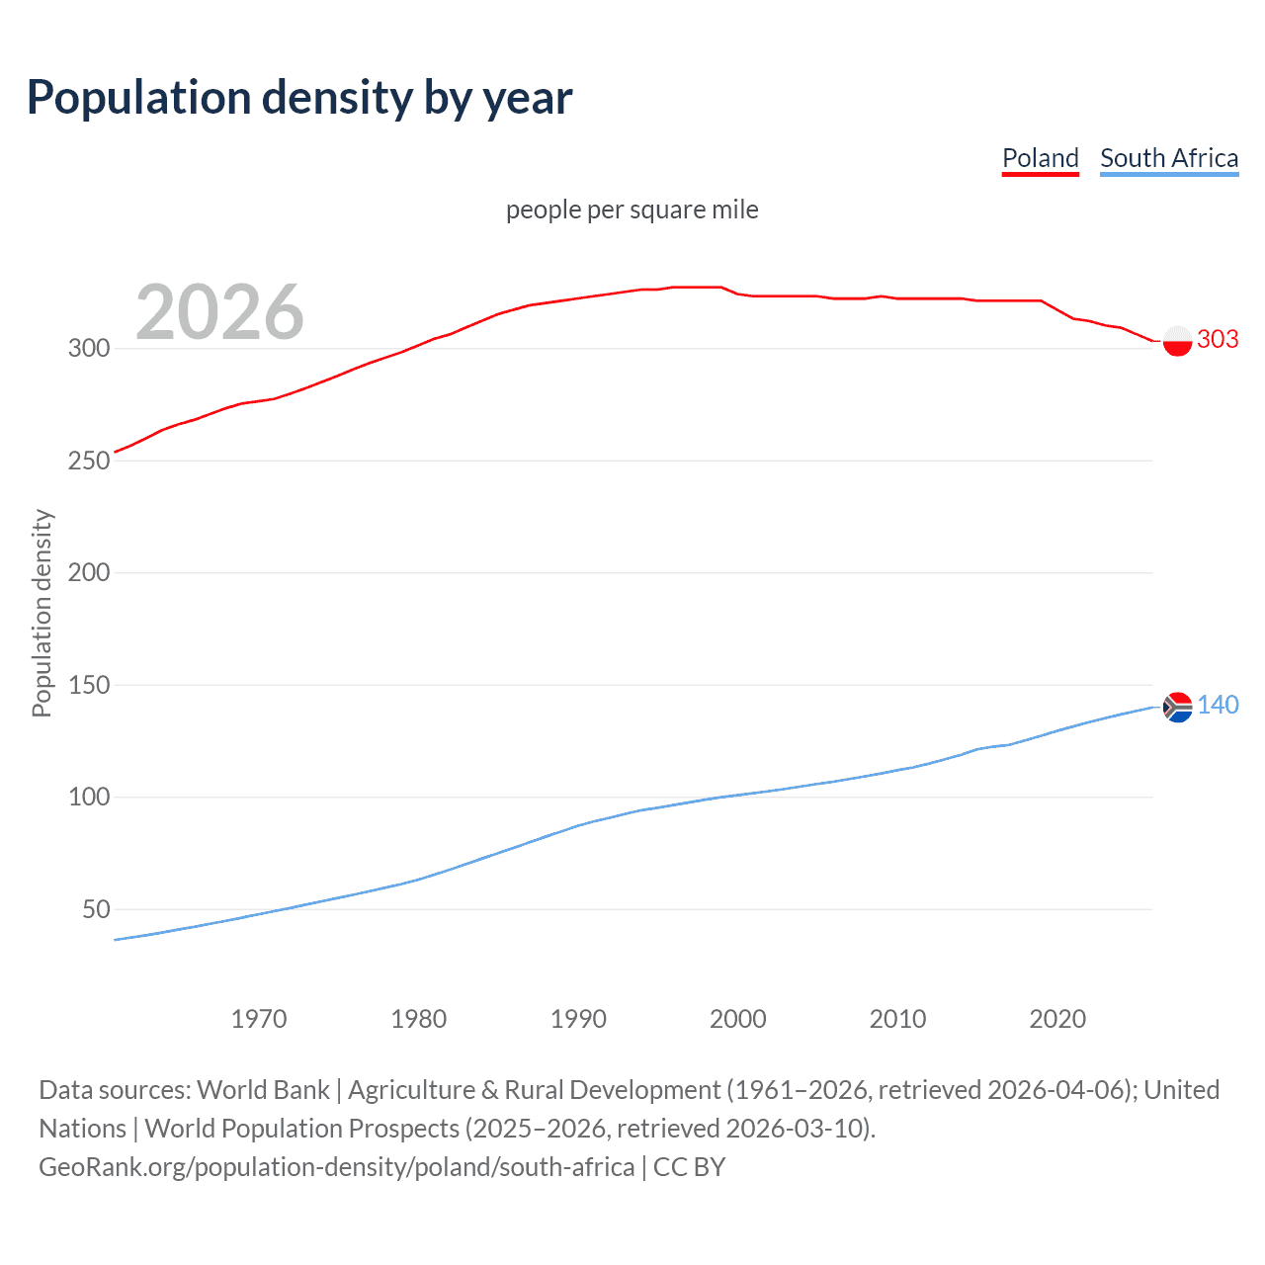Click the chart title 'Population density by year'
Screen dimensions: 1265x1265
pyautogui.click(x=299, y=98)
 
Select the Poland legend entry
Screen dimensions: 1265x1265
pyautogui.click(x=1040, y=158)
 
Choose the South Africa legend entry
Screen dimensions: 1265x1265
pyautogui.click(x=1168, y=158)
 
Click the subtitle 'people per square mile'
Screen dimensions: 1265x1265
pyautogui.click(x=632, y=210)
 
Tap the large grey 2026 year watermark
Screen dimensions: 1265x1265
pyautogui.click(x=219, y=312)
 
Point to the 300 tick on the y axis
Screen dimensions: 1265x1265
pyautogui.click(x=88, y=348)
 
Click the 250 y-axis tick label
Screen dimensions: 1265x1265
pyautogui.click(x=88, y=461)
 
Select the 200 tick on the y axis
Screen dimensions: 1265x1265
pyautogui.click(x=88, y=572)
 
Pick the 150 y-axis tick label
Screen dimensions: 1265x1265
pyautogui.click(x=88, y=685)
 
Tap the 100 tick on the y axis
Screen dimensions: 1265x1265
pyautogui.click(x=88, y=797)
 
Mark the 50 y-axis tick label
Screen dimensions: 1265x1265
pyautogui.click(x=96, y=909)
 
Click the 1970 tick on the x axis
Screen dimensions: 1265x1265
pyautogui.click(x=258, y=1019)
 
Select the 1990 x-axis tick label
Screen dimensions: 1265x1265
pyautogui.click(x=578, y=1019)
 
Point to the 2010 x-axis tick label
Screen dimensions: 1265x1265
pyautogui.click(x=897, y=1019)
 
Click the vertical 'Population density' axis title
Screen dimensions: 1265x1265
pyautogui.click(x=42, y=613)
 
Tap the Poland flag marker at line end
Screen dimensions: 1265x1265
pyautogui.click(x=1177, y=340)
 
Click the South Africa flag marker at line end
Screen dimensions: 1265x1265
pyautogui.click(x=1177, y=707)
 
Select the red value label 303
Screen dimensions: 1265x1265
pyautogui.click(x=1218, y=339)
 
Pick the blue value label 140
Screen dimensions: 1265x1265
pyautogui.click(x=1218, y=705)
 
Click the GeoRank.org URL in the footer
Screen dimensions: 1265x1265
pyautogui.click(x=336, y=1167)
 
